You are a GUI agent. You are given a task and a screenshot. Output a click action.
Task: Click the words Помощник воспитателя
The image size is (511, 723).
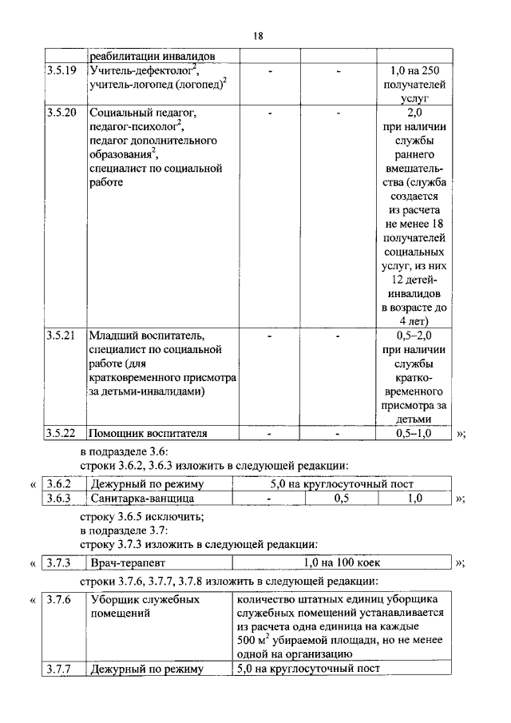[148, 433]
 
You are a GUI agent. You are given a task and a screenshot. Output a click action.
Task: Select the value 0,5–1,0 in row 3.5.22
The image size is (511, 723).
[413, 433]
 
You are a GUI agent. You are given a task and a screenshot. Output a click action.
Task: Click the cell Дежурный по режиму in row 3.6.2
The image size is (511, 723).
[147, 484]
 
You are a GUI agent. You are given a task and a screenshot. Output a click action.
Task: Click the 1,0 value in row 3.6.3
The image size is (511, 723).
[414, 499]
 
